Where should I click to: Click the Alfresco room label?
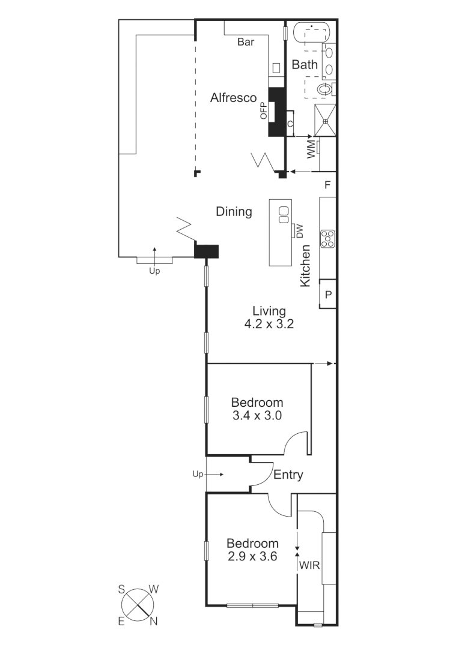[x=233, y=98]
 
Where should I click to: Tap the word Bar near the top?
[x=246, y=42]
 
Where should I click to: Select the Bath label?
[x=305, y=65]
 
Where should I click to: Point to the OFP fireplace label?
[x=264, y=112]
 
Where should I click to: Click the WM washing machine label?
[x=311, y=150]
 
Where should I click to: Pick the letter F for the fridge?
[x=327, y=185]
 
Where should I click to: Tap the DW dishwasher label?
[x=299, y=231]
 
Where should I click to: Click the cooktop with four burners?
[x=327, y=239]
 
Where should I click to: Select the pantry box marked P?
[x=328, y=295]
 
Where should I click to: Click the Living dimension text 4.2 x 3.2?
[x=269, y=323]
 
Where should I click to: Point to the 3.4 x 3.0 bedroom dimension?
[x=257, y=415]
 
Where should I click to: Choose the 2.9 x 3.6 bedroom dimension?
[x=252, y=556]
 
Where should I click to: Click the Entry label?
[x=288, y=475]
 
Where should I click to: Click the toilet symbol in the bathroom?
[x=325, y=89]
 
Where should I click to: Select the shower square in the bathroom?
[x=326, y=120]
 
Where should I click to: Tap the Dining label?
[x=234, y=212]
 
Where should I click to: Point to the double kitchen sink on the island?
[x=283, y=214]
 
